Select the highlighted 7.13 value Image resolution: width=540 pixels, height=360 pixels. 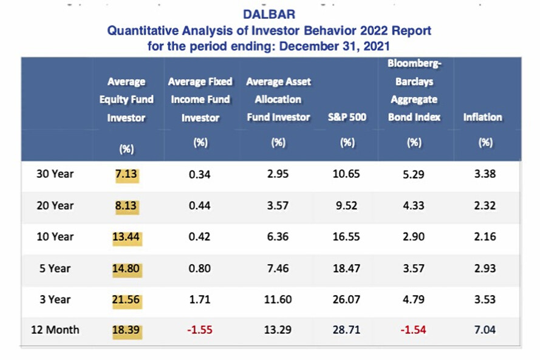126,174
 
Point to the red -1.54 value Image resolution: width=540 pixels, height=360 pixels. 413,330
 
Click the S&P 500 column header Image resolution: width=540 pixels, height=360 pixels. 347,117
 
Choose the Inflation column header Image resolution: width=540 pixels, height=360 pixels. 483,117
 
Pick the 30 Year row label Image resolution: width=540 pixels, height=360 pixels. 55,174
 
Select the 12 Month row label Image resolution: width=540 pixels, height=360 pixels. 55,330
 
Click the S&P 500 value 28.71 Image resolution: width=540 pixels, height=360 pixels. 347,330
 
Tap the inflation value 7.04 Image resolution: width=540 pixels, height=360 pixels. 484,330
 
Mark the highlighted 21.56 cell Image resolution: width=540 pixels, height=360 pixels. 126,299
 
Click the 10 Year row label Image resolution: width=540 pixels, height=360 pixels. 55,237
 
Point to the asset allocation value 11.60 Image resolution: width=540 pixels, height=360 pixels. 278,299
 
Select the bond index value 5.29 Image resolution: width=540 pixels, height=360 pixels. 413,174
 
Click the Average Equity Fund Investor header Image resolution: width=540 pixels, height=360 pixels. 126,100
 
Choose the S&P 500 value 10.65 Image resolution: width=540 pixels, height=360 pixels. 347,174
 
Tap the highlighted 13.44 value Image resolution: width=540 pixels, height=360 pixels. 126,237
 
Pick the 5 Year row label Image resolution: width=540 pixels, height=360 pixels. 55,268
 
